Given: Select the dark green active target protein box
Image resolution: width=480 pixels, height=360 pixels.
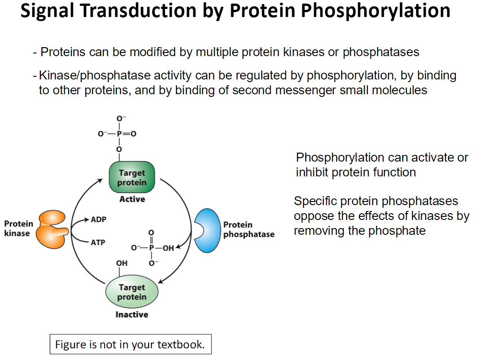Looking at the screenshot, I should click(132, 178).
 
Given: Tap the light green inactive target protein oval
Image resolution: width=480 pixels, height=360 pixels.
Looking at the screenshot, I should click(132, 292).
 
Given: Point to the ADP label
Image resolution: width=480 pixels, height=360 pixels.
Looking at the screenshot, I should click(98, 220).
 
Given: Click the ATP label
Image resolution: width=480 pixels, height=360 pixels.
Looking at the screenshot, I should click(98, 242).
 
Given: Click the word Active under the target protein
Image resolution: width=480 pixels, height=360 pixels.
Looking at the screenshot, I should click(132, 199).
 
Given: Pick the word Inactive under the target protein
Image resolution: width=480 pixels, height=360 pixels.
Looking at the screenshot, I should click(132, 315).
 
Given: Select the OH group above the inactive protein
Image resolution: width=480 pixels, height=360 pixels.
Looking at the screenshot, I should click(122, 263).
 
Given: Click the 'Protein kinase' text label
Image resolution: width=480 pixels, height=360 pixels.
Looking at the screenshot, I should click(18, 228).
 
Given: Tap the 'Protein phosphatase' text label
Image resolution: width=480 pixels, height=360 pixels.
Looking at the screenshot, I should click(248, 229).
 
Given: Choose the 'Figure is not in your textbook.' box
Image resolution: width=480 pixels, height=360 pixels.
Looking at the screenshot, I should click(130, 345).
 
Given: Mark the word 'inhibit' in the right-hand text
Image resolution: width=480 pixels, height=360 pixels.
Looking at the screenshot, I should click(312, 172).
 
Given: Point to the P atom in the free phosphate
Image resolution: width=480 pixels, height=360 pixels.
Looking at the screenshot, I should click(151, 247).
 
